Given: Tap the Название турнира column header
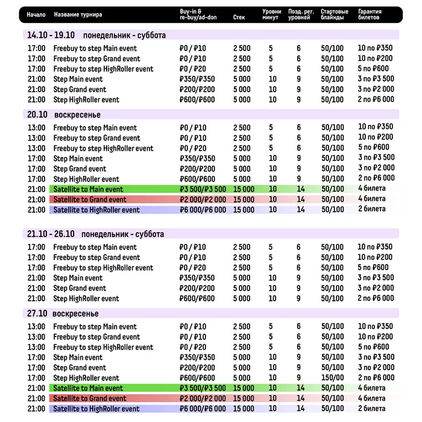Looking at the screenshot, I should [x=78, y=14].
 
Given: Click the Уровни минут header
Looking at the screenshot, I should [x=272, y=14].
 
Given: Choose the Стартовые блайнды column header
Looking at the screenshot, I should [x=335, y=14].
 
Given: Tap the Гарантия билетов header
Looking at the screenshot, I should [x=373, y=14].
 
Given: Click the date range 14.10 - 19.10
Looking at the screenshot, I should [x=51, y=36].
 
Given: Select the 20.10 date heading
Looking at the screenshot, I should [x=37, y=115].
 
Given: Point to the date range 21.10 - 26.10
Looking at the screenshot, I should [x=51, y=234].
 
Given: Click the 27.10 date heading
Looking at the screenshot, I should [x=37, y=313].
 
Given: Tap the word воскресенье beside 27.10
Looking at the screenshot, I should [x=75, y=313].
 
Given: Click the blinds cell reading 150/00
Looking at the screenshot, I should [x=333, y=378].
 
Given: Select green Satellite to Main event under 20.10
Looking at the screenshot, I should [x=88, y=189].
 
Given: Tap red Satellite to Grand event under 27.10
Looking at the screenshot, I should [x=89, y=398].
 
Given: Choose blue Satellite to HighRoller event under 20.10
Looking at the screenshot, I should [x=96, y=210].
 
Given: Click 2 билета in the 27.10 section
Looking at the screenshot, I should [x=371, y=409].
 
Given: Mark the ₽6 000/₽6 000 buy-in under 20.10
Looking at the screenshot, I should [x=203, y=210].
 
